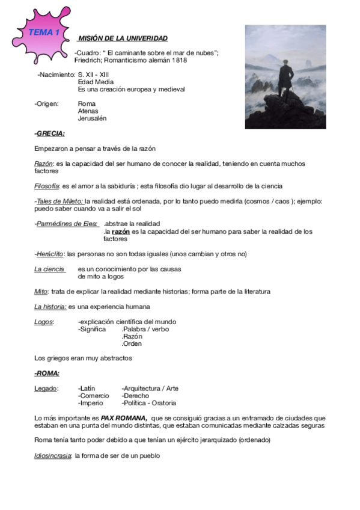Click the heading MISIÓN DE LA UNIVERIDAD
tap(123, 38)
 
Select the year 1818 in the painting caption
tap(177, 60)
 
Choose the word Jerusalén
tap(92, 118)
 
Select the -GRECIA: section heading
tap(50, 133)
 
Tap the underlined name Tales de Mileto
tap(59, 201)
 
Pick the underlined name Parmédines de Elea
tap(67, 224)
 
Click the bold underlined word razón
tap(121, 231)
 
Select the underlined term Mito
tap(41, 291)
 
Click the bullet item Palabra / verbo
tap(145, 329)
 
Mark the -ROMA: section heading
tap(47, 373)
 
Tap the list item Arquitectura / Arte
tap(150, 389)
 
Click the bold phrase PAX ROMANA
tap(124, 417)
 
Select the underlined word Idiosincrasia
tap(53, 455)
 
